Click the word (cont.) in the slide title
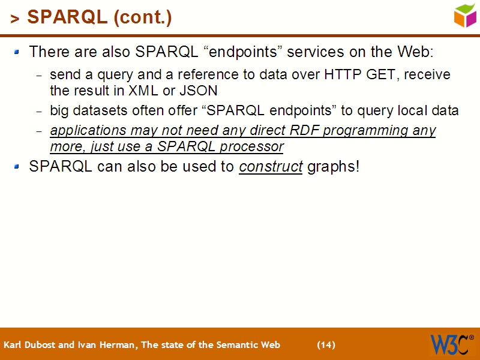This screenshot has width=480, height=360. point(142,17)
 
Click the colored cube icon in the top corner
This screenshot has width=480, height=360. point(465,15)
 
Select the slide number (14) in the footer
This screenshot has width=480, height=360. point(326,345)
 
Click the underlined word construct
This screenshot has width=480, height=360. point(271,166)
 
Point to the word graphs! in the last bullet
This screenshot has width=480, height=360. point(334,167)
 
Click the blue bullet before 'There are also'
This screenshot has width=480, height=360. point(17,52)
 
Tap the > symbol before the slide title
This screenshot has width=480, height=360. point(15,19)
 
